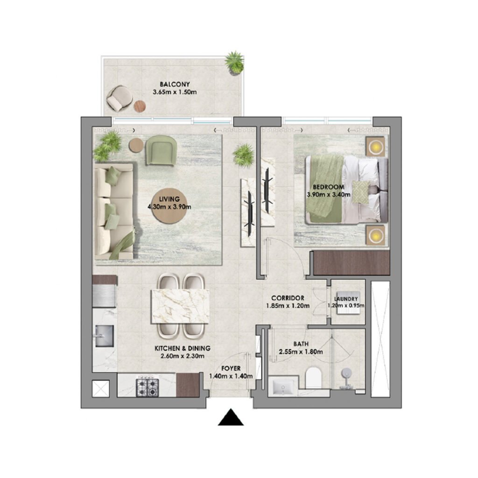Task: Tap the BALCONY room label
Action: pos(175,84)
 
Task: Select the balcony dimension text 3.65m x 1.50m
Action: pos(175,92)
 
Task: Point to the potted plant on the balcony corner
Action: pos(234,63)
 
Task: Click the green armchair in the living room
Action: pos(161,150)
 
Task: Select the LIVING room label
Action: pos(170,199)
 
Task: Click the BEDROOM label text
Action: pos(332,187)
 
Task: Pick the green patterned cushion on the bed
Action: pos(359,191)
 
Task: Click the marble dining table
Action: pos(180,306)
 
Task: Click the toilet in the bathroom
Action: pos(313,377)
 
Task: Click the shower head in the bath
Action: pos(346,374)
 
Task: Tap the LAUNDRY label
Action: pos(346,299)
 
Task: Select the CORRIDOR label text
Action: pos(288,298)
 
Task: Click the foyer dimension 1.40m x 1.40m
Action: pos(231,376)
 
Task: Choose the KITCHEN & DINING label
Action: pos(183,348)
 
